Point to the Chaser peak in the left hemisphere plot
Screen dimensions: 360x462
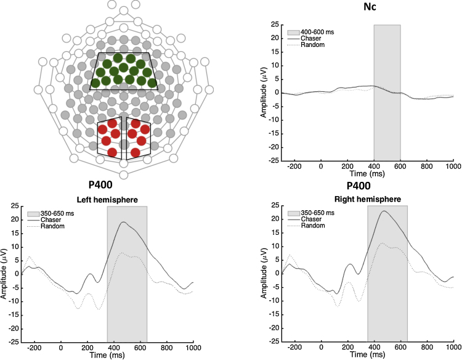coord(124,222)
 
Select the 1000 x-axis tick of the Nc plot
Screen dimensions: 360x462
coord(453,166)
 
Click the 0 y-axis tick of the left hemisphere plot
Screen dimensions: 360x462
coord(16,274)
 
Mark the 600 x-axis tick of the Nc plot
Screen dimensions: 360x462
coord(400,166)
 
